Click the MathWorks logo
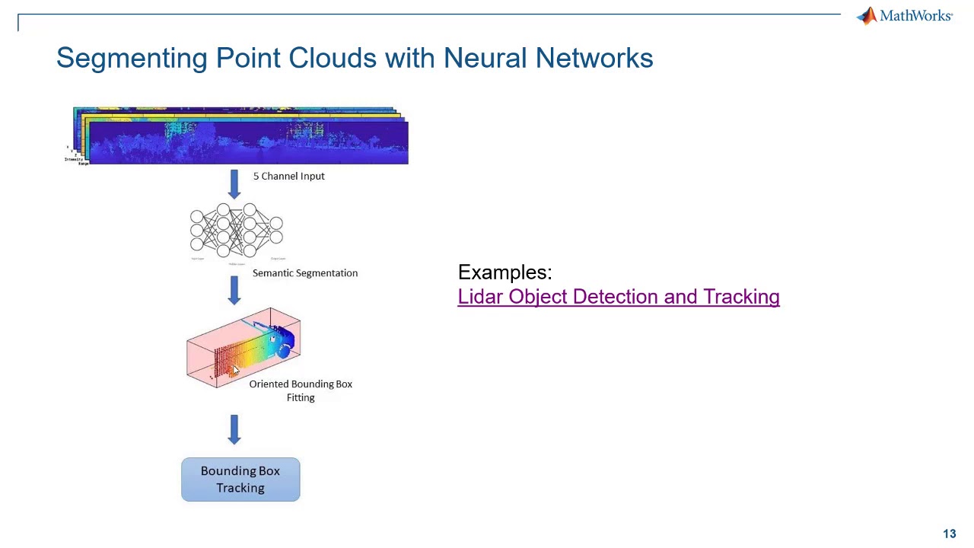point(904,16)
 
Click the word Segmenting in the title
point(132,59)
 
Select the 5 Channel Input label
point(288,176)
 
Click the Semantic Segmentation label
point(304,273)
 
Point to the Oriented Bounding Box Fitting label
point(301,390)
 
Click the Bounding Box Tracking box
point(240,479)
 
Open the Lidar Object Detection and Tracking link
point(618,297)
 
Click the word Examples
point(505,272)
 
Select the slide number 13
point(949,534)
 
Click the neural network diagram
point(236,230)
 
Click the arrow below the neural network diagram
point(234,290)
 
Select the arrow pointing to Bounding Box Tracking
point(234,429)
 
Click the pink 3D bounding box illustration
point(243,348)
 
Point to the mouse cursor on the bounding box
point(235,370)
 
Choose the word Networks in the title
point(594,58)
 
